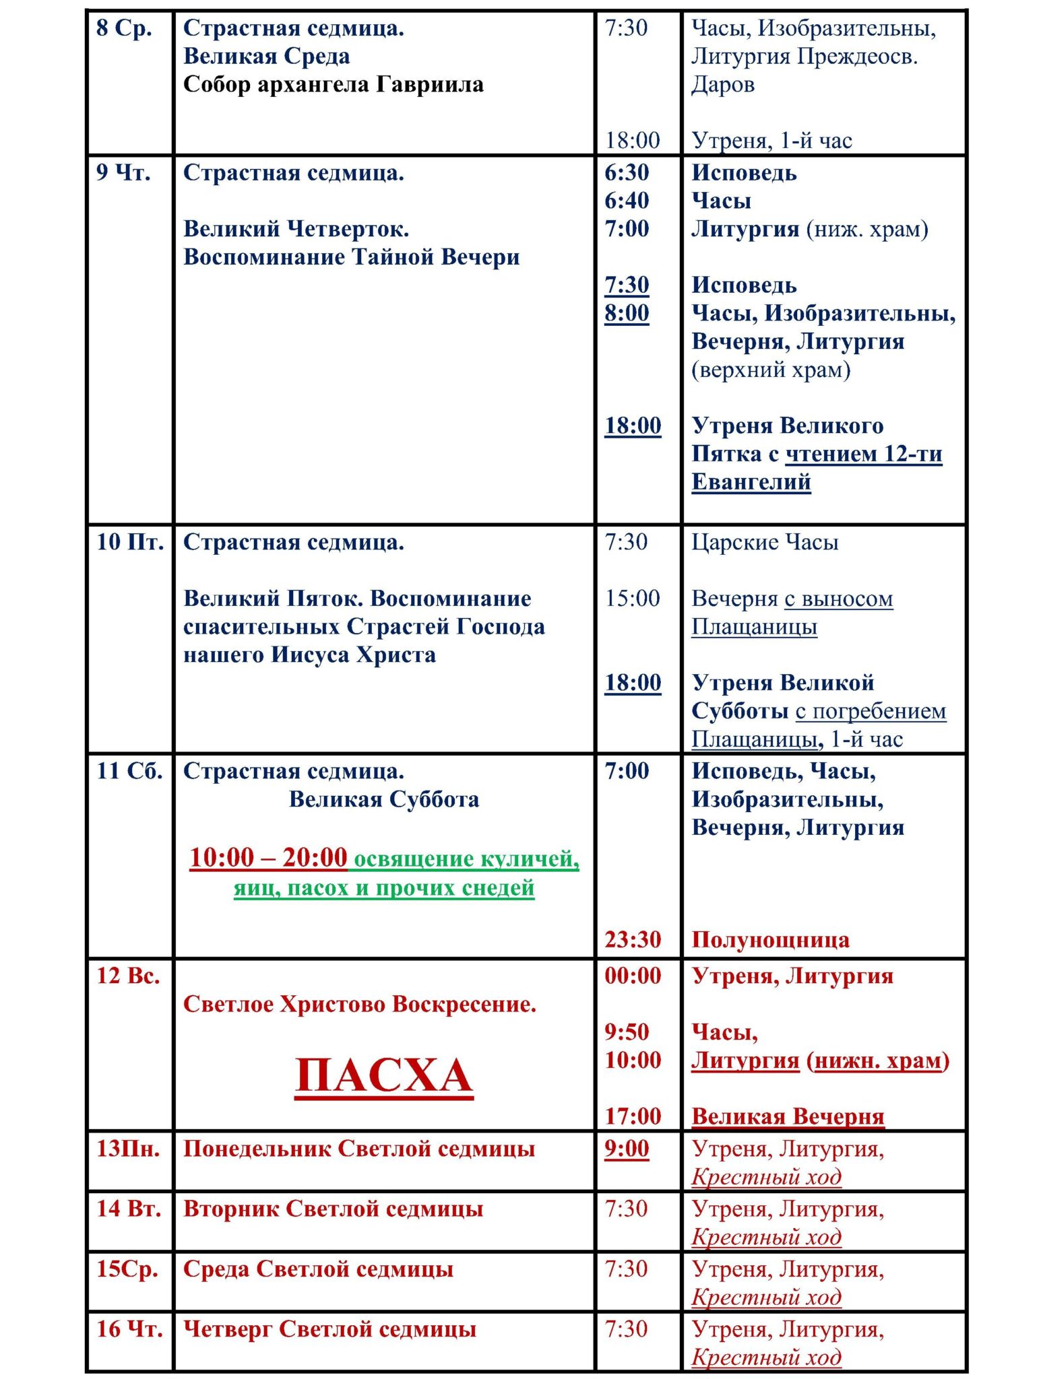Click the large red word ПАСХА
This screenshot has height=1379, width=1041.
(x=383, y=1075)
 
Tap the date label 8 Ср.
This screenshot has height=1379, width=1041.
(x=124, y=28)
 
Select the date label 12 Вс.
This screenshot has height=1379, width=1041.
(x=128, y=976)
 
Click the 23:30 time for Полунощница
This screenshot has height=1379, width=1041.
(x=632, y=939)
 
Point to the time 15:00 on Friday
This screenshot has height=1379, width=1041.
(x=632, y=598)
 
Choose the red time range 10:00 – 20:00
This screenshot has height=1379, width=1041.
(x=268, y=858)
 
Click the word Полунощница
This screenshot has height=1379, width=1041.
(x=770, y=940)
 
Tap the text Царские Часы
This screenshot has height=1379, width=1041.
(x=765, y=542)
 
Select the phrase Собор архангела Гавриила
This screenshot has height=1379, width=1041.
(x=333, y=85)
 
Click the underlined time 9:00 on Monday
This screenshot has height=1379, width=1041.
(x=627, y=1148)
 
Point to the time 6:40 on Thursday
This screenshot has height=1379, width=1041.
(x=627, y=201)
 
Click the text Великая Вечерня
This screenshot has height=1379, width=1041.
(x=788, y=1116)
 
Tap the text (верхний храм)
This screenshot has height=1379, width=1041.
(x=771, y=370)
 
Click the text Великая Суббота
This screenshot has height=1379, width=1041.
(x=383, y=799)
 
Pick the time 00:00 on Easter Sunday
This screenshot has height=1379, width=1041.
(x=632, y=976)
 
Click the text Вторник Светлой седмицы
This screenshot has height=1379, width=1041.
(x=333, y=1209)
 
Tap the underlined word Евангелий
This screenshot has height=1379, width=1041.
(x=751, y=482)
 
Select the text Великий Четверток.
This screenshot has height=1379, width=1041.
(x=296, y=229)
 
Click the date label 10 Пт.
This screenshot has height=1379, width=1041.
(x=129, y=542)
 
